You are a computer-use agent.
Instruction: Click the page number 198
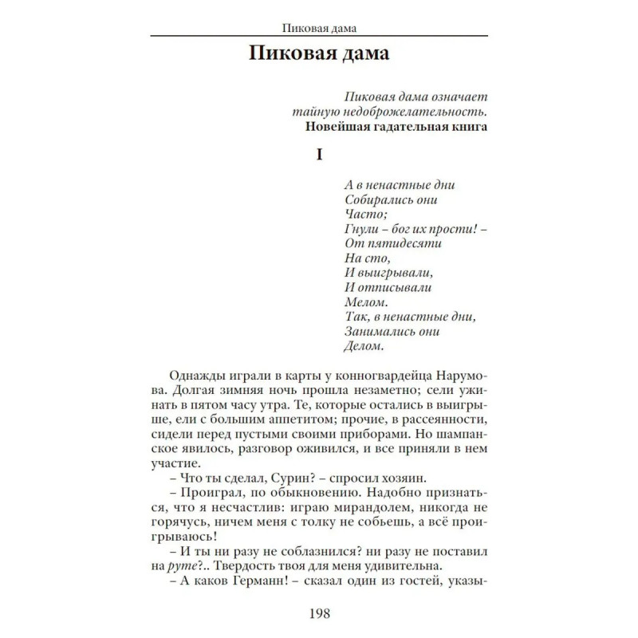[x=319, y=614]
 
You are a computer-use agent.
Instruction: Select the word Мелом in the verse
[x=367, y=302]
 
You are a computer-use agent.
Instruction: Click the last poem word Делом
[x=365, y=346]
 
